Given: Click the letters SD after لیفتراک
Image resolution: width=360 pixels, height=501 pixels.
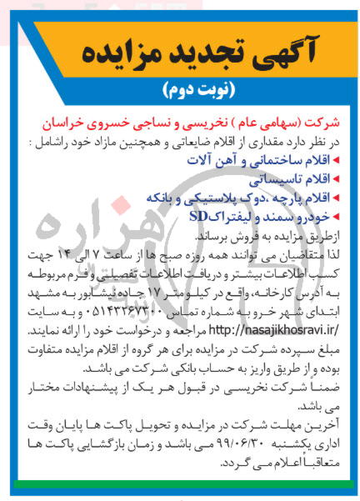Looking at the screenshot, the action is pos(200,217).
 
